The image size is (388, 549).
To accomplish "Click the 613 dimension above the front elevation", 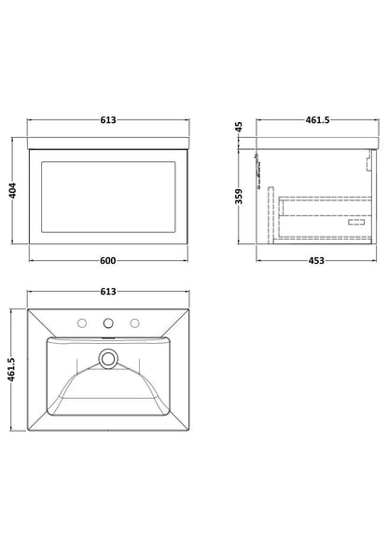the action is pyautogui.click(x=108, y=119).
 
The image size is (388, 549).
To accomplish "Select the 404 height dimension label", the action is pyautogui.click(x=13, y=191).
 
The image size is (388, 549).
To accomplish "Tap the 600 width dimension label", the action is pyautogui.click(x=108, y=260).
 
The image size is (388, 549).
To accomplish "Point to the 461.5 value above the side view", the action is pyautogui.click(x=317, y=119).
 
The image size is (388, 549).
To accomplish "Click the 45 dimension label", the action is pyautogui.click(x=239, y=127).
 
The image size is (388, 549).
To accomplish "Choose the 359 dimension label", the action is pyautogui.click(x=239, y=196).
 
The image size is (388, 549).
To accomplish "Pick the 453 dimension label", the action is pyautogui.click(x=316, y=260).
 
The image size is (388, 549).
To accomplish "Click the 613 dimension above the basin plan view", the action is pyautogui.click(x=108, y=292).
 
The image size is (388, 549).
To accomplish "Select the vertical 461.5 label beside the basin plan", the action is pyautogui.click(x=11, y=369).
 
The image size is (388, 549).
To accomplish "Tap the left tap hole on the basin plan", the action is pyautogui.click(x=82, y=323).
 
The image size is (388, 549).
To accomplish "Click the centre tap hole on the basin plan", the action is pyautogui.click(x=108, y=323).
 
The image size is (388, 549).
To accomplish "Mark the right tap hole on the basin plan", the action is pyautogui.click(x=134, y=323).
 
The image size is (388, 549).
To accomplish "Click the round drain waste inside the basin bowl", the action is pyautogui.click(x=108, y=359).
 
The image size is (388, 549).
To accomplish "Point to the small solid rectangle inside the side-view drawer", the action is pyautogui.click(x=356, y=222).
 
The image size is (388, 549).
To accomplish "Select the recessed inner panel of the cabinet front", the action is pyautogui.click(x=108, y=197).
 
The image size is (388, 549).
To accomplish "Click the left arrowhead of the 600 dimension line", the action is pyautogui.click(x=31, y=260).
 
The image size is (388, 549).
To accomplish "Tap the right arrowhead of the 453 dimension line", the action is pyautogui.click(x=374, y=260).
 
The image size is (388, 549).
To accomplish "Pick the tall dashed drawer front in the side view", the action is pyautogui.click(x=270, y=215).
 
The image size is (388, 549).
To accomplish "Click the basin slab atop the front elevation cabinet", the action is pyautogui.click(x=108, y=144).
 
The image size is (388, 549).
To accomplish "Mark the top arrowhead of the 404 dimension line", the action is pyautogui.click(x=13, y=140).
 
